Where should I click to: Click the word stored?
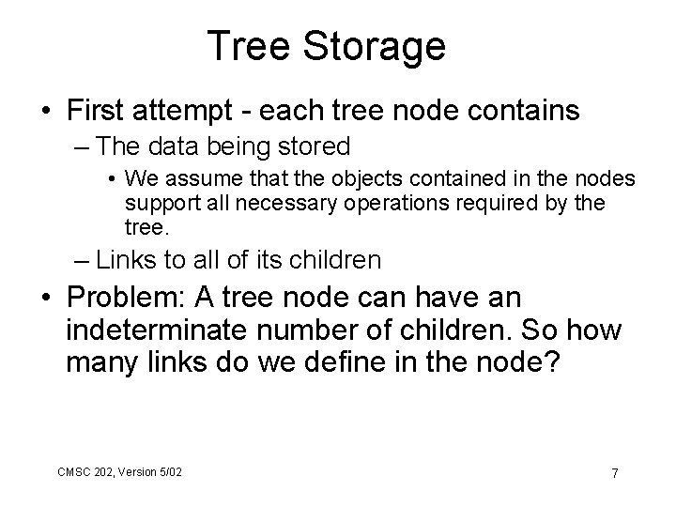315,146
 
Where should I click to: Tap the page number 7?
614,472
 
